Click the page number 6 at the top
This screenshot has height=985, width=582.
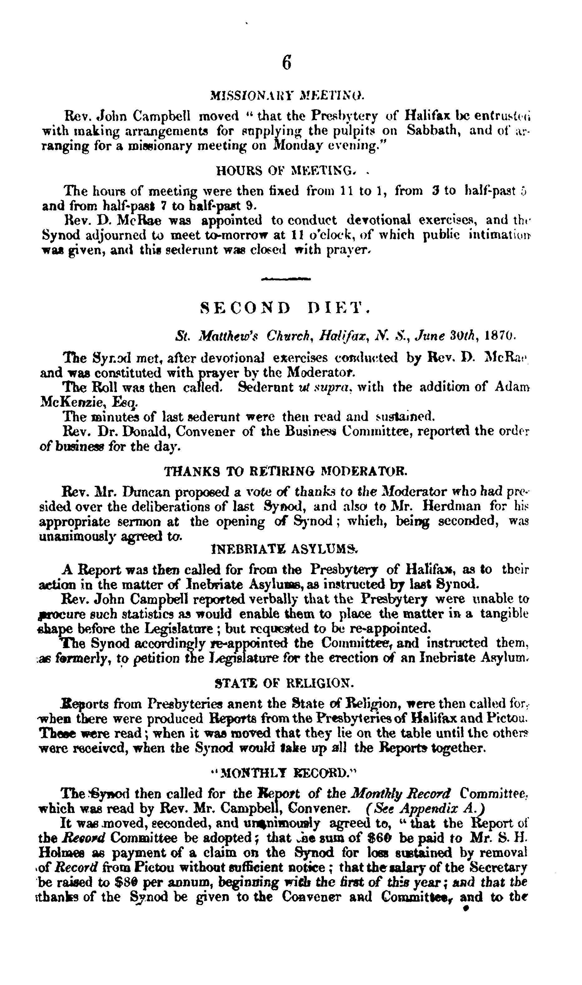pyautogui.click(x=287, y=63)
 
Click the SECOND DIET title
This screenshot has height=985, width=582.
pyautogui.click(x=285, y=308)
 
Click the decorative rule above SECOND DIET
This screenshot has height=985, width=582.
pyautogui.click(x=286, y=279)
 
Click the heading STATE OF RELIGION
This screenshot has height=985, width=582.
pyautogui.click(x=285, y=684)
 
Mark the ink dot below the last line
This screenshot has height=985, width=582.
pyautogui.click(x=466, y=909)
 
